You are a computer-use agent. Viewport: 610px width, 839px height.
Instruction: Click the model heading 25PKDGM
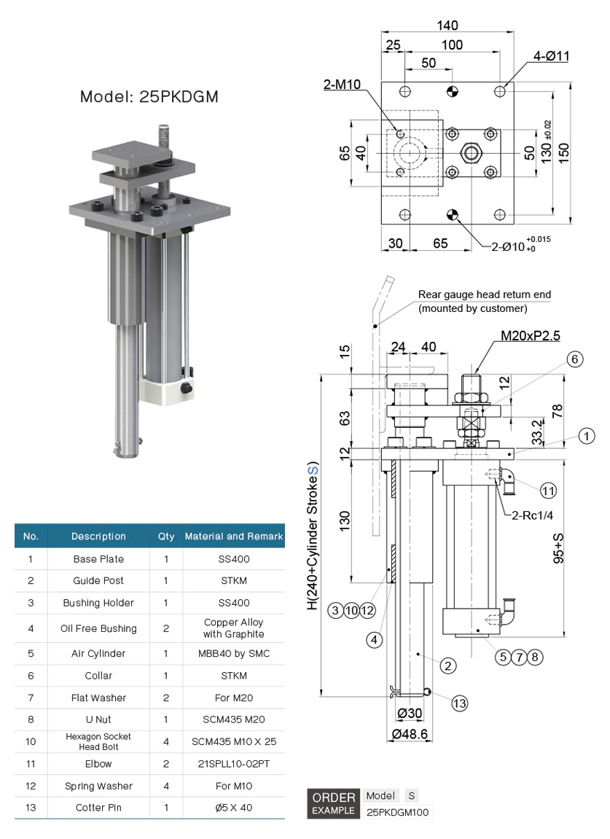tap(149, 97)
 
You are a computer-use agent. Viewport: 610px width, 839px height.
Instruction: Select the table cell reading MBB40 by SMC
tap(233, 653)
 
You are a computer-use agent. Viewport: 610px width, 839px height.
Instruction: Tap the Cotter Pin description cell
tap(98, 808)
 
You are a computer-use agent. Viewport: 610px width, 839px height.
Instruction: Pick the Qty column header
tap(166, 536)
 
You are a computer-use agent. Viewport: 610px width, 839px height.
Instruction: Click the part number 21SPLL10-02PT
tap(233, 764)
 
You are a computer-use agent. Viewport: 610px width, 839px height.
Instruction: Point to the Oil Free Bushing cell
tap(98, 628)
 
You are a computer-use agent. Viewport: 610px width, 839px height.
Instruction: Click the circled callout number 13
tap(459, 703)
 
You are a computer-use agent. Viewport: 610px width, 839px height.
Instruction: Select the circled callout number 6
tap(574, 359)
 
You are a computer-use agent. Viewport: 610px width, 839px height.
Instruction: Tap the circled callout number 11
tap(549, 490)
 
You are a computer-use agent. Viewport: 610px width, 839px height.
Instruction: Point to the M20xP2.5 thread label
tap(530, 336)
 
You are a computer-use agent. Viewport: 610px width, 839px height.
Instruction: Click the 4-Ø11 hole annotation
tap(552, 56)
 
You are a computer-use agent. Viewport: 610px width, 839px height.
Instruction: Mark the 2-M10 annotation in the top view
tap(343, 85)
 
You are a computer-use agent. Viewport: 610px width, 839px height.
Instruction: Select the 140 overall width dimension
tap(447, 26)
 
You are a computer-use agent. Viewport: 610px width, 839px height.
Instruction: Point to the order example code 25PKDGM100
tap(397, 811)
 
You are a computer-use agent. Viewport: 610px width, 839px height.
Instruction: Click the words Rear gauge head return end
tap(484, 295)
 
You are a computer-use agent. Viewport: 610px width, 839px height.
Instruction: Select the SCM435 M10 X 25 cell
tap(233, 741)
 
